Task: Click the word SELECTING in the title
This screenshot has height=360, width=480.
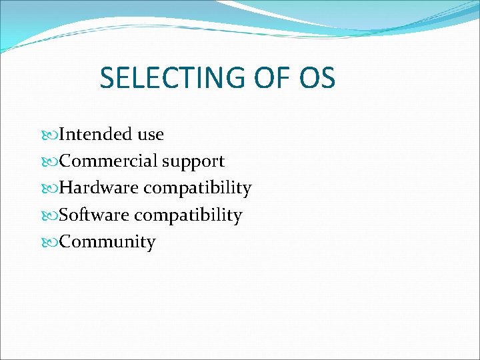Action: coord(171,78)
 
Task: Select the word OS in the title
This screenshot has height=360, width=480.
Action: coord(317,78)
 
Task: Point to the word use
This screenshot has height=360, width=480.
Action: coord(151,135)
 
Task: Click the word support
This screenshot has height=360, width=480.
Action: coord(193,162)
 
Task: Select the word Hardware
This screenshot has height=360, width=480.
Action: coord(99,188)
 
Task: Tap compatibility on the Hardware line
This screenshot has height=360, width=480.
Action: coord(197,189)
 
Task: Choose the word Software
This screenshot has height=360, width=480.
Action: coord(94,215)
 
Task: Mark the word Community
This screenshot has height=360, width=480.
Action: coord(107,242)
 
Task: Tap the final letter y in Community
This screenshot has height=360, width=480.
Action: coord(151,243)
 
